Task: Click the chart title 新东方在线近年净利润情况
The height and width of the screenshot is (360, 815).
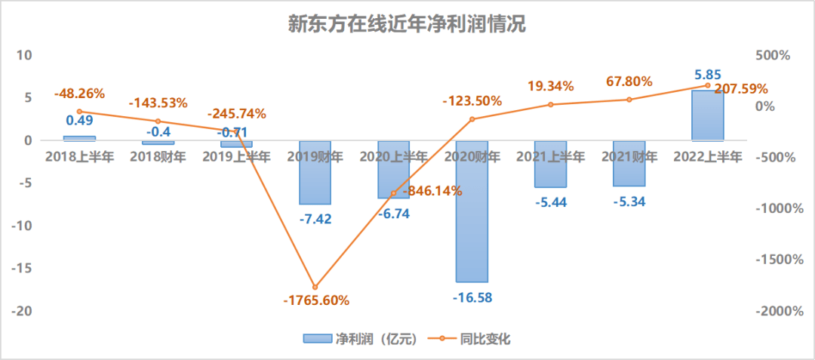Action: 407,24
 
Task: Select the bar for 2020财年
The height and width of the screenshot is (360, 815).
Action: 472,211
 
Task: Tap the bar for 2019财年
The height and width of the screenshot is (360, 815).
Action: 315,172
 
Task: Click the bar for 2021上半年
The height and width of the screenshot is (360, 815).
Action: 550,164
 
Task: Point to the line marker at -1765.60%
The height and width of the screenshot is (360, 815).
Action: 315,287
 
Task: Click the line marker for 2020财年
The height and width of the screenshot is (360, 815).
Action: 472,119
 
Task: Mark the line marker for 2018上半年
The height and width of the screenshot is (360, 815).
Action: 79,112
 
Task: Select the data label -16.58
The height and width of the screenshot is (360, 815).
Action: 473,297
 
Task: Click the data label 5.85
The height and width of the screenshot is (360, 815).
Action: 707,75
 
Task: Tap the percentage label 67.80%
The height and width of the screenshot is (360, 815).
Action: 629,82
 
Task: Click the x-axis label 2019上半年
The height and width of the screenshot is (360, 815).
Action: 236,157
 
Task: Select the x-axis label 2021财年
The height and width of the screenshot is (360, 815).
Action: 629,157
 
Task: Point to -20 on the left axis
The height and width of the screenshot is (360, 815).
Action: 23,311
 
